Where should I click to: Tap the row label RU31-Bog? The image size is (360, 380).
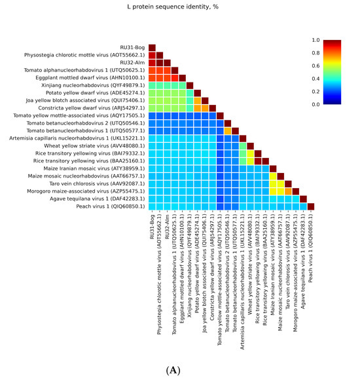[x=133, y=48]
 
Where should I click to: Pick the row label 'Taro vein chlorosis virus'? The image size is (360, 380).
[x=107, y=183]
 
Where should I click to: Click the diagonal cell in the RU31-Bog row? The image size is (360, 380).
[x=152, y=48]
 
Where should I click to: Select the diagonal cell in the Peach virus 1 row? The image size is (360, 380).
[x=311, y=206]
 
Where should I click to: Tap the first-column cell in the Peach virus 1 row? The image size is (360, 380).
[x=152, y=206]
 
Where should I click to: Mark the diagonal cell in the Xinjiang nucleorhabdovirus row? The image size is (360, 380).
[x=190, y=85]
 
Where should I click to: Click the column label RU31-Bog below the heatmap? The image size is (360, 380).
[x=152, y=227]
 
